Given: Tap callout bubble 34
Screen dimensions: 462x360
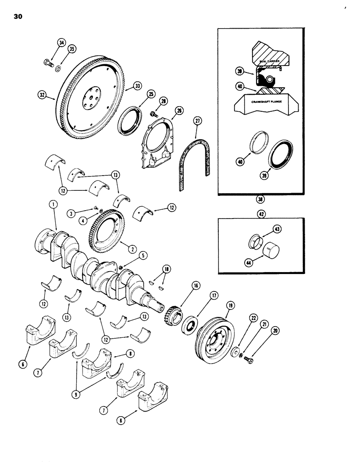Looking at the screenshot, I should (x=61, y=43).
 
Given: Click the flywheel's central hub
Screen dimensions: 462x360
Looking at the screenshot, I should (x=89, y=98).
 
